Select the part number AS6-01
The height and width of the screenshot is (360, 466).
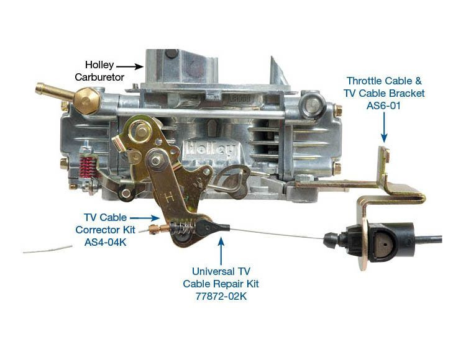coord(385,105)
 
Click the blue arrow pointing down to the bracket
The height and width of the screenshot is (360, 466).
coord(385,128)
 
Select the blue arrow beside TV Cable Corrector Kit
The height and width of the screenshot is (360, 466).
coord(145,218)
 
